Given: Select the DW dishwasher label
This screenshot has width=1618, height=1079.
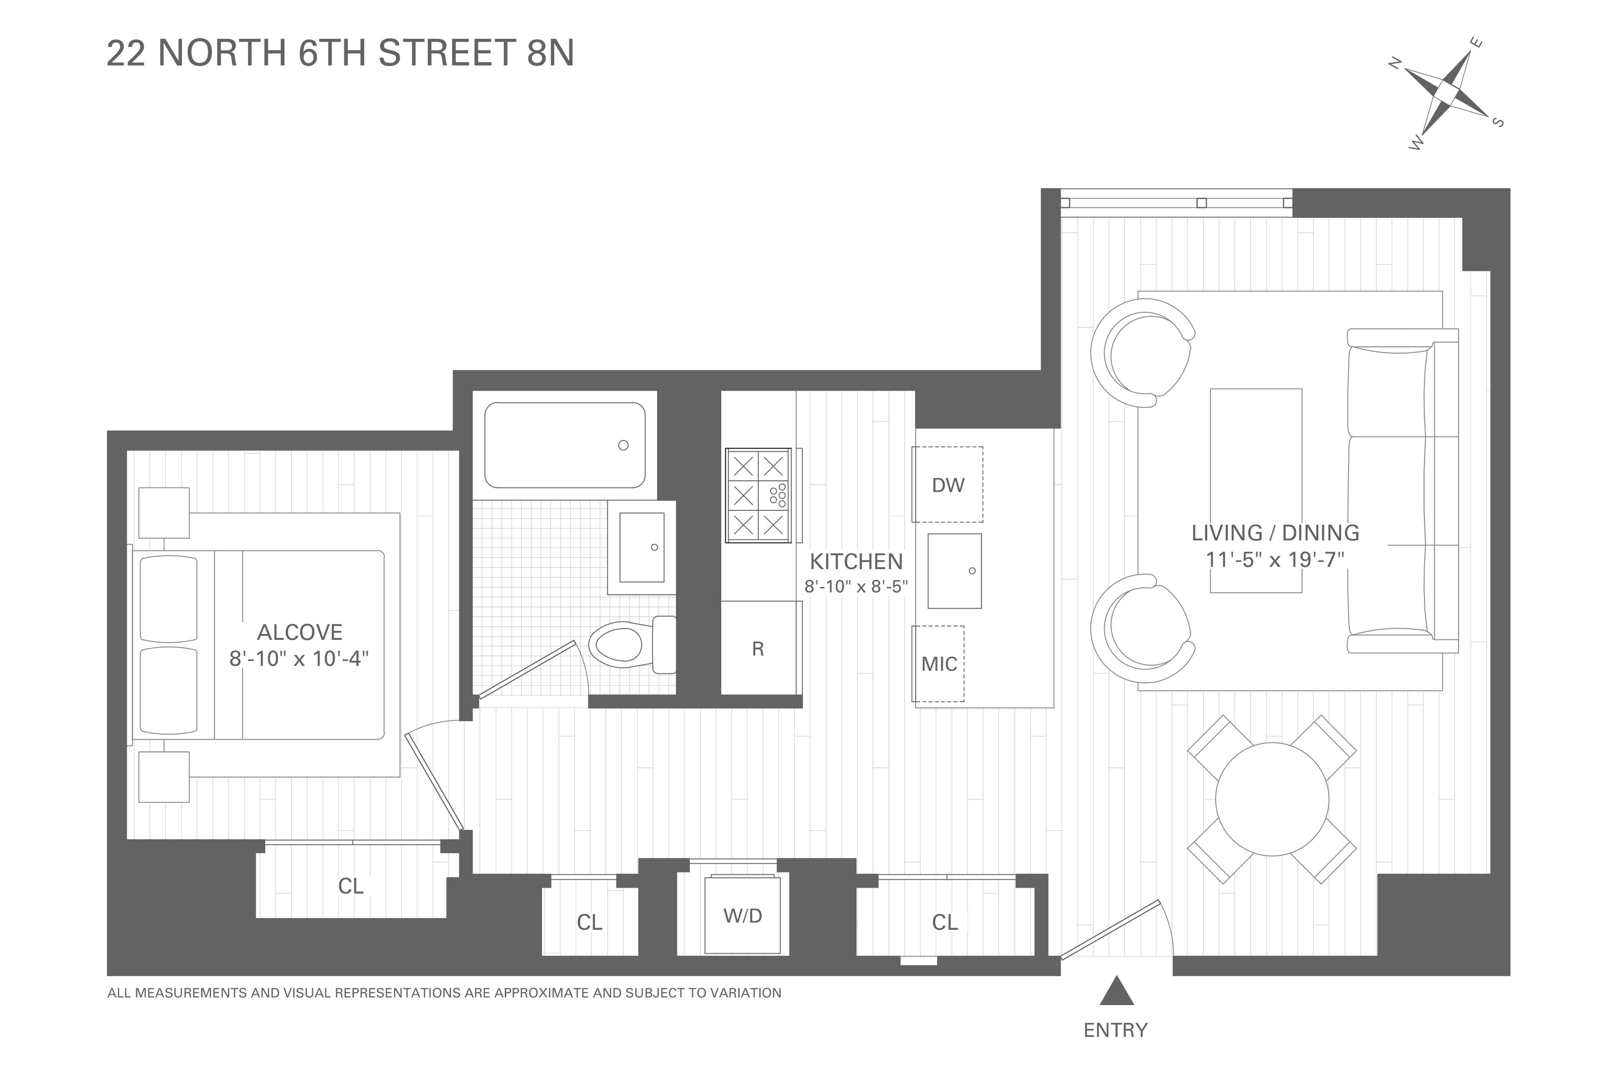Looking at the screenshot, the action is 948,485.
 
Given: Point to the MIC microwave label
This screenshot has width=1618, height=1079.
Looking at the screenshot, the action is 939,664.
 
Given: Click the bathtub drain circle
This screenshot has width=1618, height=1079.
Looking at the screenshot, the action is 623,445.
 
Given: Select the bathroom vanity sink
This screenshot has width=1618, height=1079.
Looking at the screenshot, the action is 642,548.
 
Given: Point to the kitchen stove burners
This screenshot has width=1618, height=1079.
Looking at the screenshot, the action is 758,495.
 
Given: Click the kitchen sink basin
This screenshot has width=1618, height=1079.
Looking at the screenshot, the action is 955,571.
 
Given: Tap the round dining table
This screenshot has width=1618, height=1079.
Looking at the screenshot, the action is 1272,799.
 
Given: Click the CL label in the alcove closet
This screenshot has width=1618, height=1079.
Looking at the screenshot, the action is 351,886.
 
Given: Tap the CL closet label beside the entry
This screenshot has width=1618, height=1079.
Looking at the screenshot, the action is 945,922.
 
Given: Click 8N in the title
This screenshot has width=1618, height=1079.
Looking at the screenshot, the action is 550,53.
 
